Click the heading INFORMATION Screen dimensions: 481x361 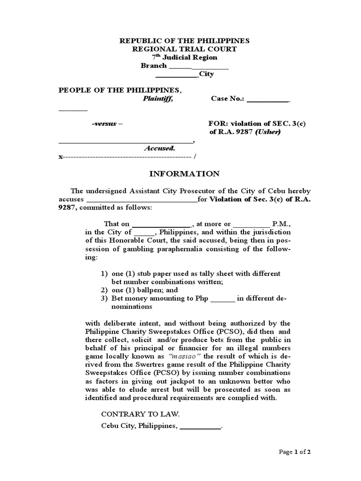(x=184, y=174)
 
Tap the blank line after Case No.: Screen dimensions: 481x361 (x=268, y=100)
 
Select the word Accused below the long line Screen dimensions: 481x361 (x=159, y=148)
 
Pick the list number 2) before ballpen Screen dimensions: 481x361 (x=104, y=290)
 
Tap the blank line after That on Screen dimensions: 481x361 (x=160, y=225)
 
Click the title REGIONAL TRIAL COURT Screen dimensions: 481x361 (x=184, y=49)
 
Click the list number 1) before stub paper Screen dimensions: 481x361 (x=104, y=273)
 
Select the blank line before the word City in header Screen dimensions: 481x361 (x=177, y=74)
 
